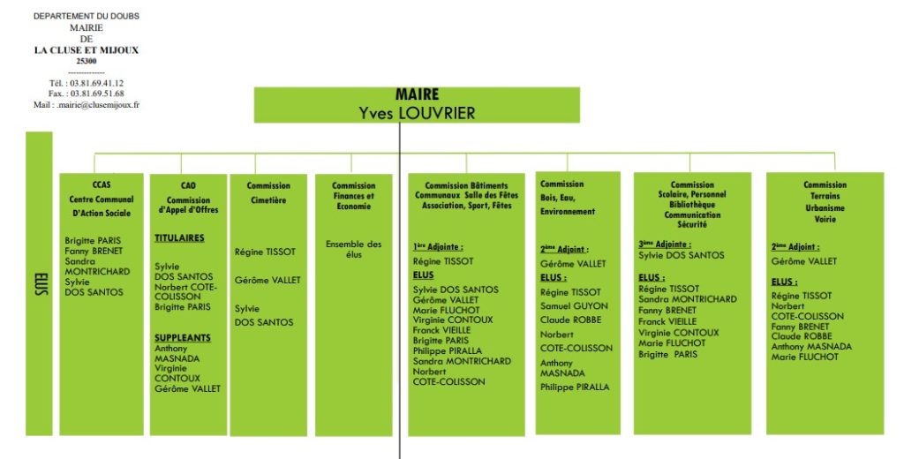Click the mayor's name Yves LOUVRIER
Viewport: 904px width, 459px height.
pyautogui.click(x=417, y=113)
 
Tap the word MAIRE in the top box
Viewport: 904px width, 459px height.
pyautogui.click(x=417, y=94)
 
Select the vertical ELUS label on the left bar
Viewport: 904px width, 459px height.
pyautogui.click(x=40, y=283)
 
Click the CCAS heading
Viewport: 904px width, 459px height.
pyautogui.click(x=102, y=184)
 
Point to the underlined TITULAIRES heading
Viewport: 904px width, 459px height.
pyautogui.click(x=179, y=237)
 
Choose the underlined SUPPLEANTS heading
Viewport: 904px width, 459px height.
pyautogui.click(x=182, y=337)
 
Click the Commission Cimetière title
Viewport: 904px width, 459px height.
pyautogui.click(x=268, y=192)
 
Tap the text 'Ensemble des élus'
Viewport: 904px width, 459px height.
pyautogui.click(x=353, y=249)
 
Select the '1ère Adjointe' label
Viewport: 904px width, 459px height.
pyautogui.click(x=438, y=247)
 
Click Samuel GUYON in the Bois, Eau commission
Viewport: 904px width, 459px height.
pyautogui.click(x=574, y=305)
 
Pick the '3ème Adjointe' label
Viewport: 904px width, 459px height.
pyautogui.click(x=665, y=244)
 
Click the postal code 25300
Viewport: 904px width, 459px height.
pyautogui.click(x=87, y=61)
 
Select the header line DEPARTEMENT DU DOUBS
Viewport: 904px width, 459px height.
pyautogui.click(x=87, y=16)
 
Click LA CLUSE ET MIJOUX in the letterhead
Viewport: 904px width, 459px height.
pyautogui.click(x=87, y=50)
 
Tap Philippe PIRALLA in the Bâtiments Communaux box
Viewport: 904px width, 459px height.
pyautogui.click(x=448, y=350)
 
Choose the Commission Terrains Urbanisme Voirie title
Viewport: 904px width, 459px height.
pyautogui.click(x=825, y=202)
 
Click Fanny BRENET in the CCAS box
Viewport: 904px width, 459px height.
pyautogui.click(x=94, y=251)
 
